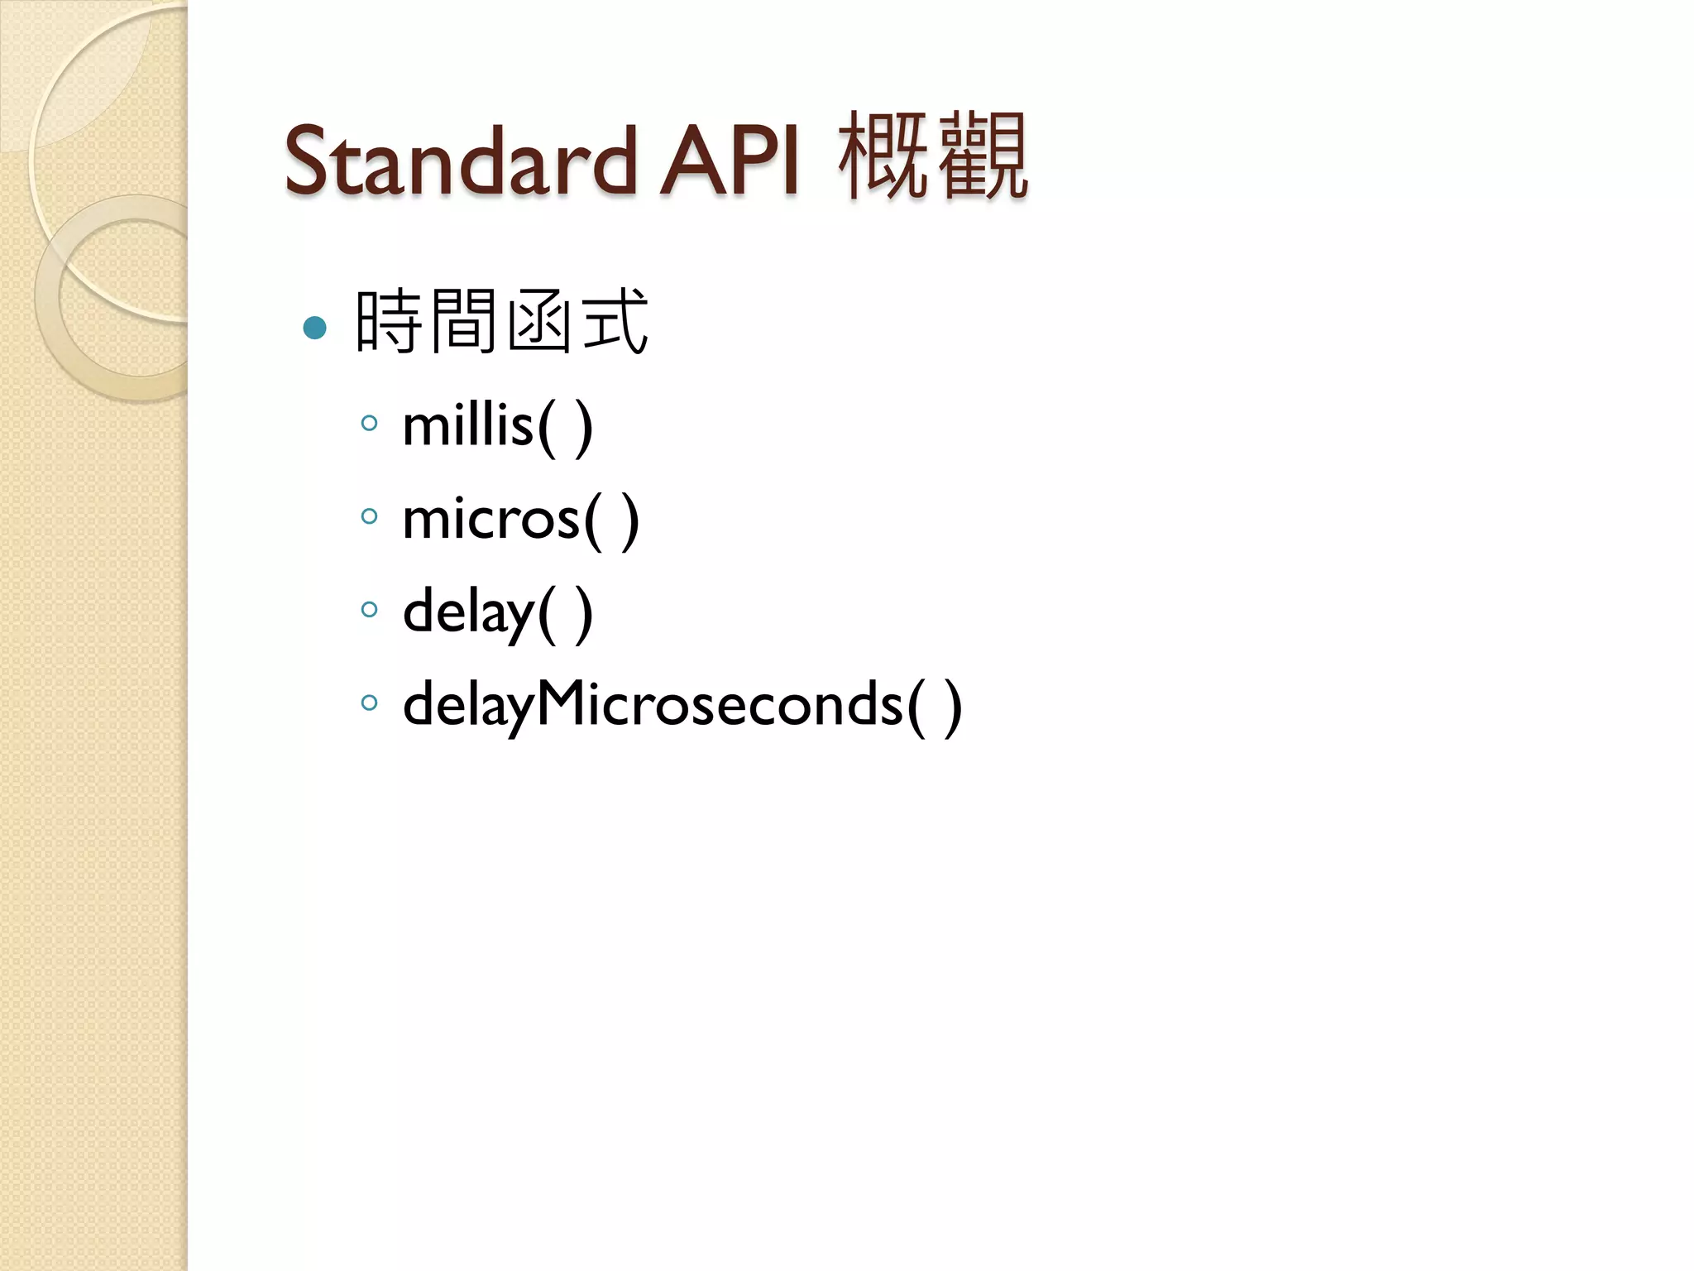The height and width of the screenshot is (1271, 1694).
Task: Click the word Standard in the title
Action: tap(460, 161)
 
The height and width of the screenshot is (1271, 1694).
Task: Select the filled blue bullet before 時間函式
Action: tap(315, 329)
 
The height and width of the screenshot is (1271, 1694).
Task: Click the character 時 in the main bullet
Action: tap(389, 321)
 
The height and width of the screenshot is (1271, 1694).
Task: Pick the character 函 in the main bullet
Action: tap(538, 321)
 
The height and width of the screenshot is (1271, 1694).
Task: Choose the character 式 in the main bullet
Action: tap(614, 321)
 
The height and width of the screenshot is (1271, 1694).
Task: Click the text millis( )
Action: tap(497, 427)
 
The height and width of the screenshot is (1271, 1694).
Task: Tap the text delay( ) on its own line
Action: tap(497, 613)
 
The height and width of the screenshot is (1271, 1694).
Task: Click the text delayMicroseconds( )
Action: tap(682, 706)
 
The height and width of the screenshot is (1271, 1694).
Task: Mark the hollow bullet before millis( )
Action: tap(370, 424)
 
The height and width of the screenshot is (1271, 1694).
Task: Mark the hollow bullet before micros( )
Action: tap(370, 517)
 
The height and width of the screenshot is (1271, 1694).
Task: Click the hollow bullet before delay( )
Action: tap(370, 610)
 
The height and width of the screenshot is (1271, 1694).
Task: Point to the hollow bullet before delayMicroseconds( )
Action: tap(370, 703)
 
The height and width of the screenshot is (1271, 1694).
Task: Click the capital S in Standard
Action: tap(307, 161)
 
